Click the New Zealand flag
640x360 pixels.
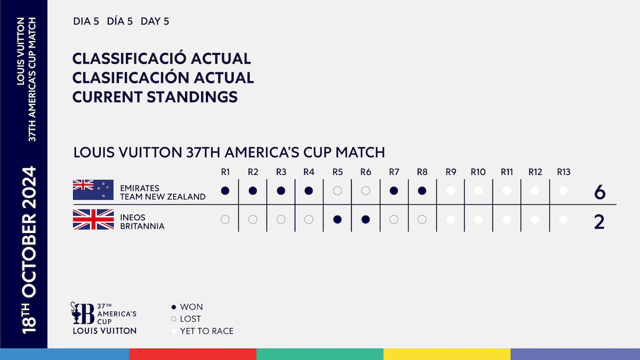pos(93,190)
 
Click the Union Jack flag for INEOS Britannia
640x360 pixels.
pos(93,219)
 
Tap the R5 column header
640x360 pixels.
pos(337,172)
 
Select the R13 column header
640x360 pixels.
pos(563,172)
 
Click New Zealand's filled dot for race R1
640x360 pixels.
pos(225,190)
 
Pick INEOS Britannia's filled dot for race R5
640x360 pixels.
pos(337,219)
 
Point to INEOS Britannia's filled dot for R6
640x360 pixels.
pos(365,219)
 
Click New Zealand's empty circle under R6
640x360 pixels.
pos(365,190)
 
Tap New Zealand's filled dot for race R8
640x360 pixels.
pos(422,190)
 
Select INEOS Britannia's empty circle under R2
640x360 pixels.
pos(253,219)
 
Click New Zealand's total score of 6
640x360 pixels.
pos(599,193)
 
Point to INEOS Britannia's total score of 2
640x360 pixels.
pos(599,222)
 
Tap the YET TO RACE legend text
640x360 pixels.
pos(206,331)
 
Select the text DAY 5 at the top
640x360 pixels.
pos(155,22)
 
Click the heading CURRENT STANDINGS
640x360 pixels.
pos(155,97)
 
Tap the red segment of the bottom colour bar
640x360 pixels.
pos(193,354)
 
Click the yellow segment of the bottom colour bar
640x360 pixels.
pos(447,354)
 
